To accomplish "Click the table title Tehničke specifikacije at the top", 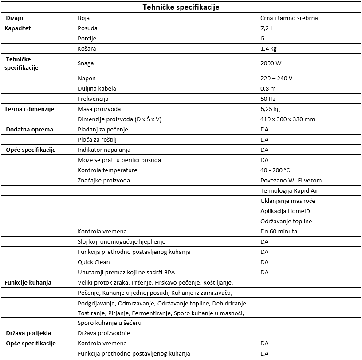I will (x=181, y=8).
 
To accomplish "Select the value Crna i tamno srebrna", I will (x=289, y=18).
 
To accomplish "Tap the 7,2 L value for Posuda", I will (x=268, y=28).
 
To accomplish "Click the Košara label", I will (x=87, y=49).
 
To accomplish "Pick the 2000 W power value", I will (x=271, y=63).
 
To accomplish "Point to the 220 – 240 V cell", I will (x=276, y=79).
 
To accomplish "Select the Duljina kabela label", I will (x=97, y=89).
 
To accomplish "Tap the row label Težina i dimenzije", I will (x=29, y=109).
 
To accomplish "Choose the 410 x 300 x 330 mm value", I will (x=288, y=119).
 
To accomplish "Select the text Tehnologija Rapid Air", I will (x=289, y=191).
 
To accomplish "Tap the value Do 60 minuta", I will (x=279, y=232).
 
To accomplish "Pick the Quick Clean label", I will (x=94, y=262).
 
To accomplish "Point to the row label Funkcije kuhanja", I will (x=28, y=283).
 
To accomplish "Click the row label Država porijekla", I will (x=28, y=333).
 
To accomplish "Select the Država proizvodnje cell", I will (x=104, y=333).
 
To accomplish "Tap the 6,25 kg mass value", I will (x=270, y=109).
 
